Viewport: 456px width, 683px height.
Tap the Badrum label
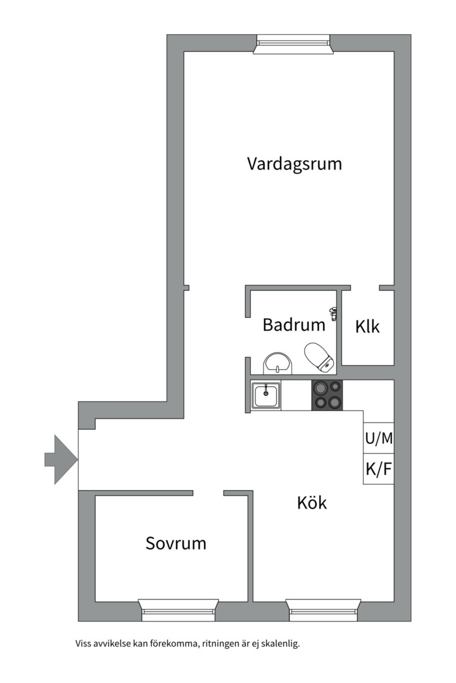pos(294,326)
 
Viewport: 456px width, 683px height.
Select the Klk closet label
pos(367,327)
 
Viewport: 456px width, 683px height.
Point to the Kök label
pos(312,503)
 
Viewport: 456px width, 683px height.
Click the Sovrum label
pos(176,543)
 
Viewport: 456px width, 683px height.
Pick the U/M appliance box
pos(379,438)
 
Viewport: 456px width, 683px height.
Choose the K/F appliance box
pos(379,469)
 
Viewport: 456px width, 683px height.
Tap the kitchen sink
pos(266,396)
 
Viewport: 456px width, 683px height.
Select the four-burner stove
pos(327,395)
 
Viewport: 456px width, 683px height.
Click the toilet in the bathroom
pos(319,357)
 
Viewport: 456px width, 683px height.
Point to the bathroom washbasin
pos(279,363)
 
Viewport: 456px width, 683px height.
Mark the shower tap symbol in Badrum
pos(333,311)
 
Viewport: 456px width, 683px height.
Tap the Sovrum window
pos(179,610)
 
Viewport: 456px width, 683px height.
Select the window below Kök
pos(323,610)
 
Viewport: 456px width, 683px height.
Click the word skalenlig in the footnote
pos(280,644)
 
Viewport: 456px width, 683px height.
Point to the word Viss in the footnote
pos(83,644)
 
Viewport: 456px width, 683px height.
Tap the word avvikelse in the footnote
pos(111,644)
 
